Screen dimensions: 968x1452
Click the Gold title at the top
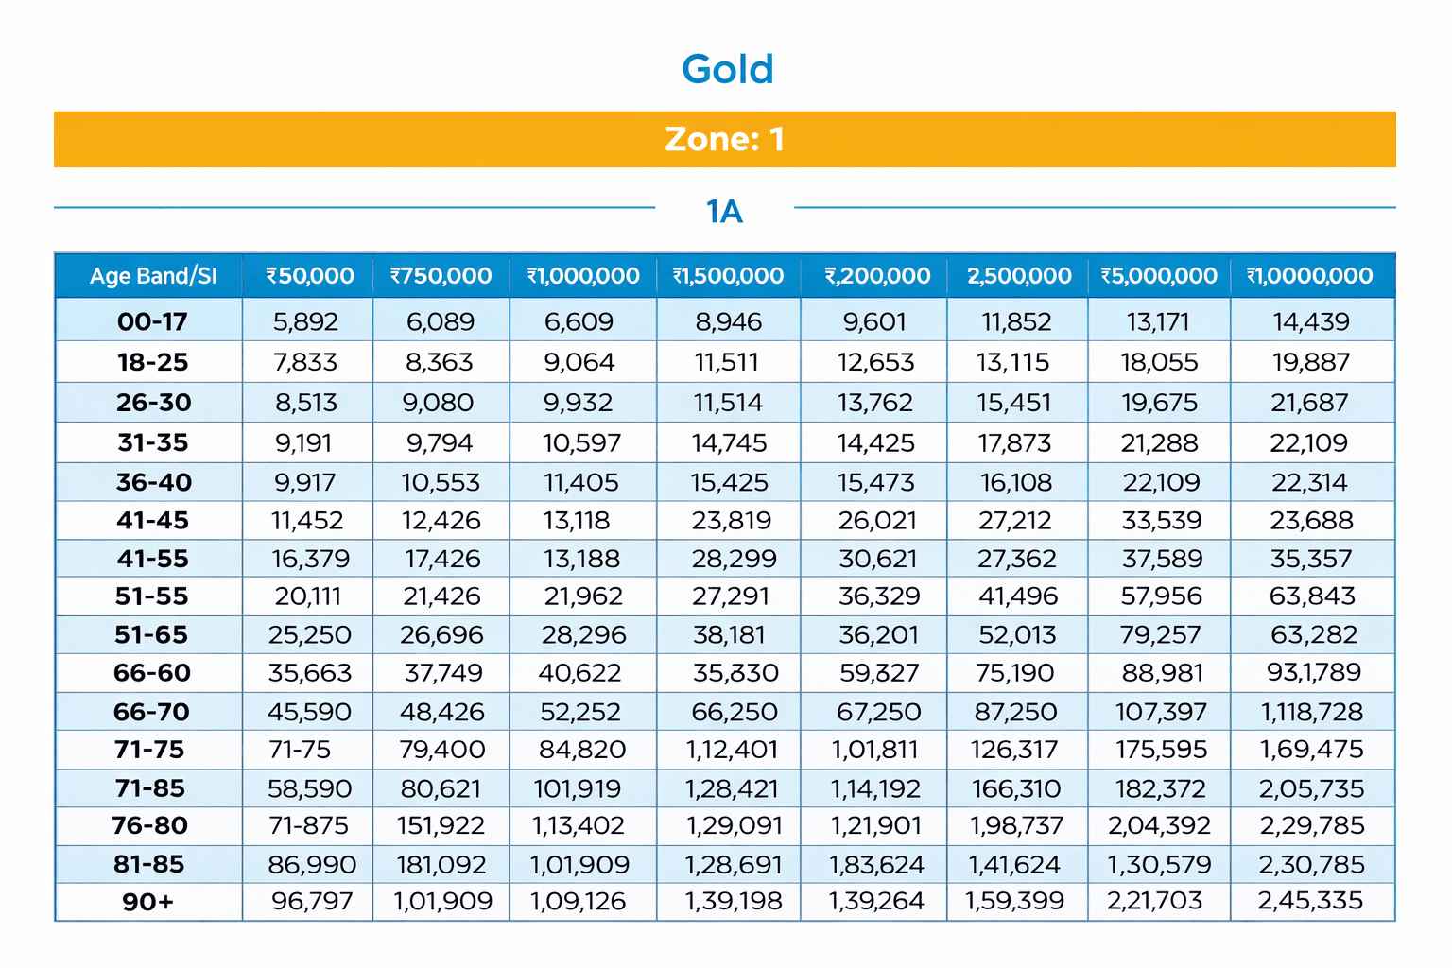pos(727,69)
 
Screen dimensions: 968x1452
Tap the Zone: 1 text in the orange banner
pos(725,139)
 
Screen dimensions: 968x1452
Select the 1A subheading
pos(724,211)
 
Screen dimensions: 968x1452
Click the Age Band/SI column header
pos(153,276)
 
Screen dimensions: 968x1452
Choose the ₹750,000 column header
pos(441,276)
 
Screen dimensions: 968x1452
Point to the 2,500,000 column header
pos(1019,276)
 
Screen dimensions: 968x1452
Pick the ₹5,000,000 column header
pos(1159,276)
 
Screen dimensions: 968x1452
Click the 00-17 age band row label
pos(152,321)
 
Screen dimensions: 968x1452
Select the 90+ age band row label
pos(148,902)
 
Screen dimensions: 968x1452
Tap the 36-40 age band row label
pos(154,482)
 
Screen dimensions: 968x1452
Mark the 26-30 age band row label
pos(154,403)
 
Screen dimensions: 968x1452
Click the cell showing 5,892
pos(305,321)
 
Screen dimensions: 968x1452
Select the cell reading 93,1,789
pos(1313,672)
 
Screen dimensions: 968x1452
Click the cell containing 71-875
pos(308,825)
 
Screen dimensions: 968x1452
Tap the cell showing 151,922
pos(441,825)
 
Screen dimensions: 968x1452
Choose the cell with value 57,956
pos(1161,596)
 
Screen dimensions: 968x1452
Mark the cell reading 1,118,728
pos(1312,712)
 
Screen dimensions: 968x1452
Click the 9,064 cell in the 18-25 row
pos(579,362)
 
